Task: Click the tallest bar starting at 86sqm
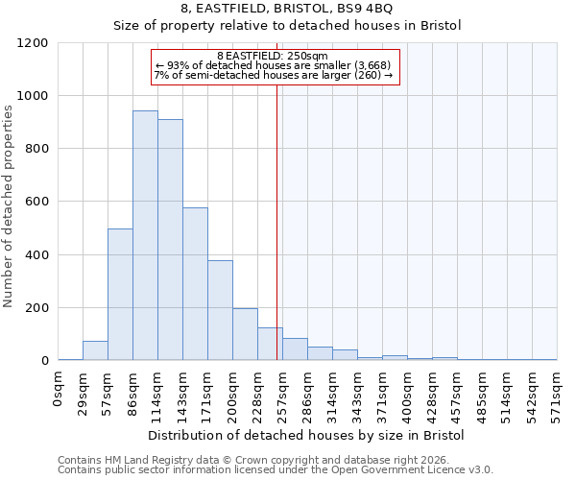145,235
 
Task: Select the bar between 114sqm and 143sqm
170,240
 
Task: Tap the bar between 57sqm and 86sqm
120,295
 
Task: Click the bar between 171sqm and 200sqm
220,310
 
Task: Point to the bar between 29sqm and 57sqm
95,350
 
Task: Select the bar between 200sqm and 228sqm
245,334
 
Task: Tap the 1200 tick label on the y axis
33,43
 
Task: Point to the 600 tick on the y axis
36,202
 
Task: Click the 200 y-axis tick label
36,308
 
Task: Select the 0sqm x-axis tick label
59,388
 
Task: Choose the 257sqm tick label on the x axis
283,394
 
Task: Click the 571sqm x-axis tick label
557,394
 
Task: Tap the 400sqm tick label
408,394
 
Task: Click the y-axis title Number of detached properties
9,202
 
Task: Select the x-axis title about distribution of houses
306,435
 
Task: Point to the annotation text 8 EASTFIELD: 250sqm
273,56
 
